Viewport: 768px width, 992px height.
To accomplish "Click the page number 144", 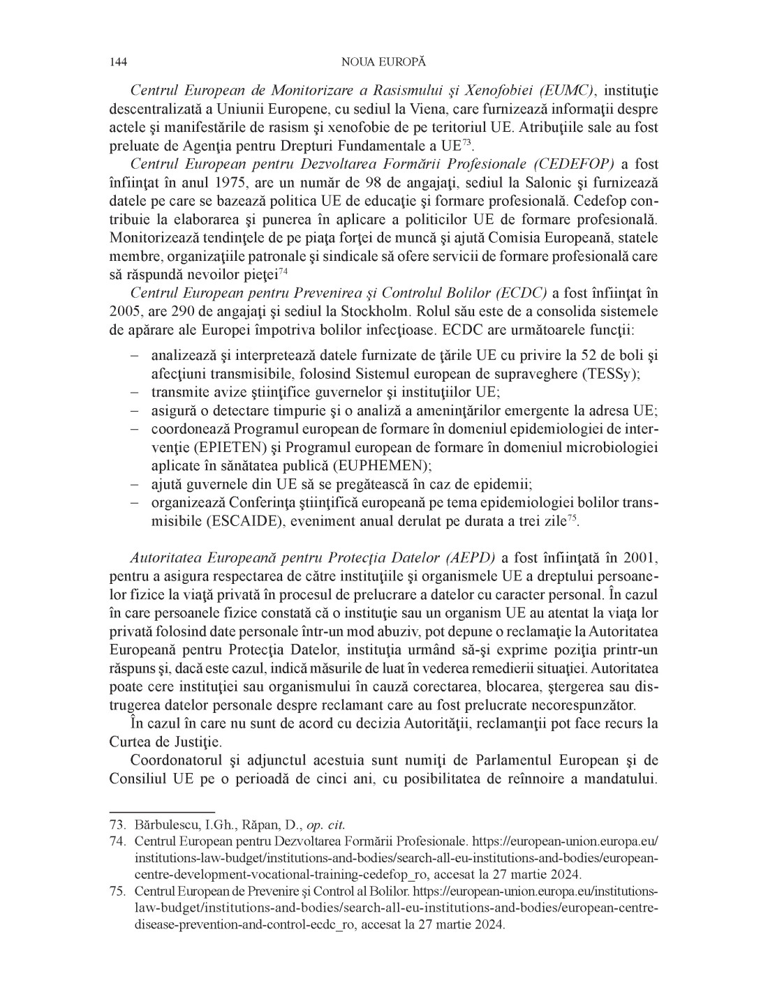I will coord(118,62).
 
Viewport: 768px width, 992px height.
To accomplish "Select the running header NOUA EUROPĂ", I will coord(383,62).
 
